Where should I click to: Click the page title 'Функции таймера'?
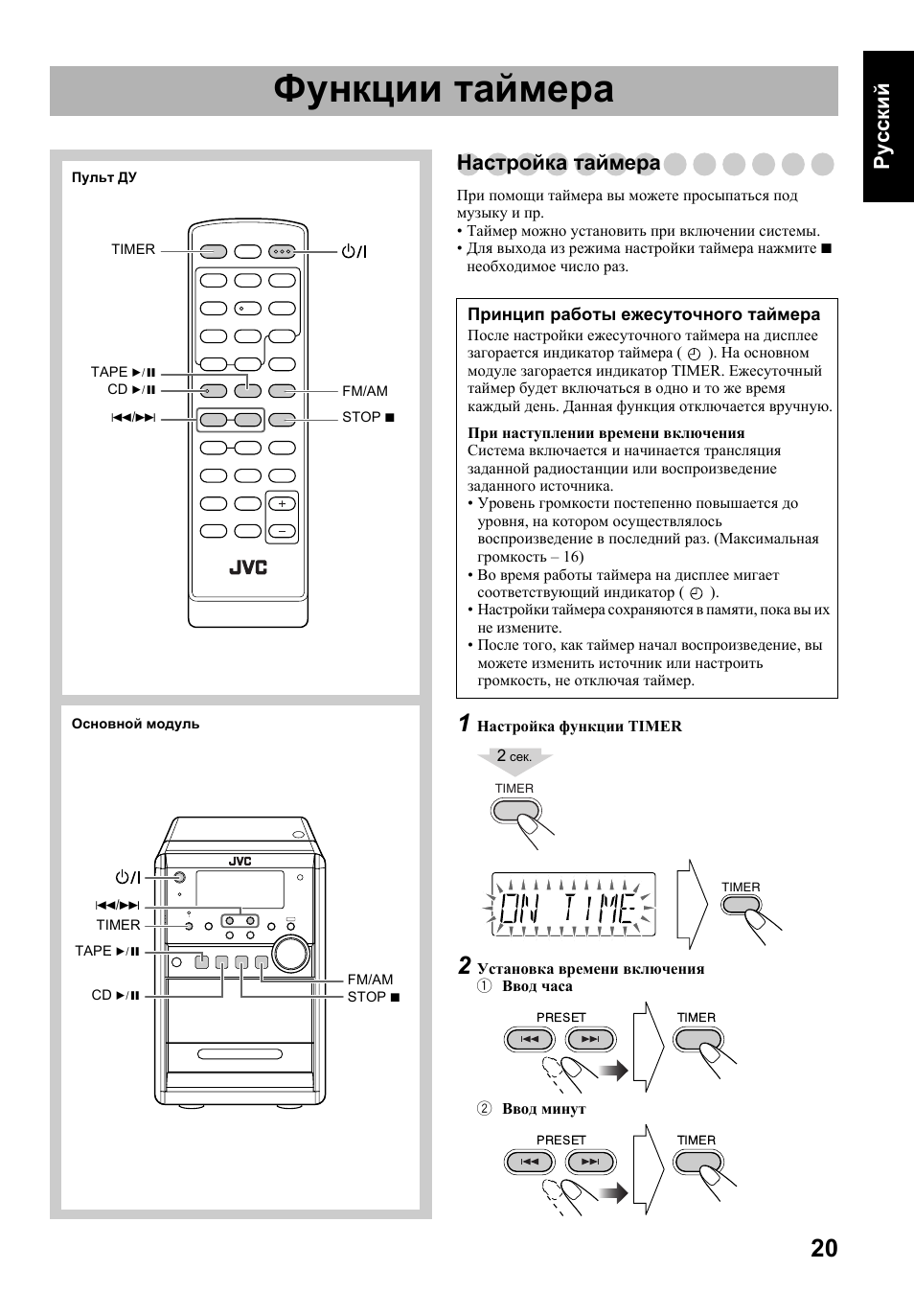(443, 90)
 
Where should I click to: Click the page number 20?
(823, 1248)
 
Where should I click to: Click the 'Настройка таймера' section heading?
(558, 163)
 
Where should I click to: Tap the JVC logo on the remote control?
(247, 567)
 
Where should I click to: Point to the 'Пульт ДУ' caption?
(103, 177)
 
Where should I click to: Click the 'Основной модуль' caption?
(135, 724)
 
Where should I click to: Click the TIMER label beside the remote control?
(132, 249)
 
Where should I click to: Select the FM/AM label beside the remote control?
(365, 391)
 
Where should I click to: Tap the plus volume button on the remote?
(282, 504)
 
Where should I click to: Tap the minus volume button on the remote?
(282, 531)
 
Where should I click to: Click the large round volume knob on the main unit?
(290, 954)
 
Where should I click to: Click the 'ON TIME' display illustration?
(573, 905)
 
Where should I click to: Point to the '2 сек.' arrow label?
(514, 757)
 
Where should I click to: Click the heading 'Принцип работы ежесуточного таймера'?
(643, 314)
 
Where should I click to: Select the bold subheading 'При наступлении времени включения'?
(606, 433)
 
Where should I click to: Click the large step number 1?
(463, 724)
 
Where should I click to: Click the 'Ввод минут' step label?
(543, 1109)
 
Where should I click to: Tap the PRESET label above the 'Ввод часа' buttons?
(560, 1018)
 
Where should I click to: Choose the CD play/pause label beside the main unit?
(116, 996)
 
